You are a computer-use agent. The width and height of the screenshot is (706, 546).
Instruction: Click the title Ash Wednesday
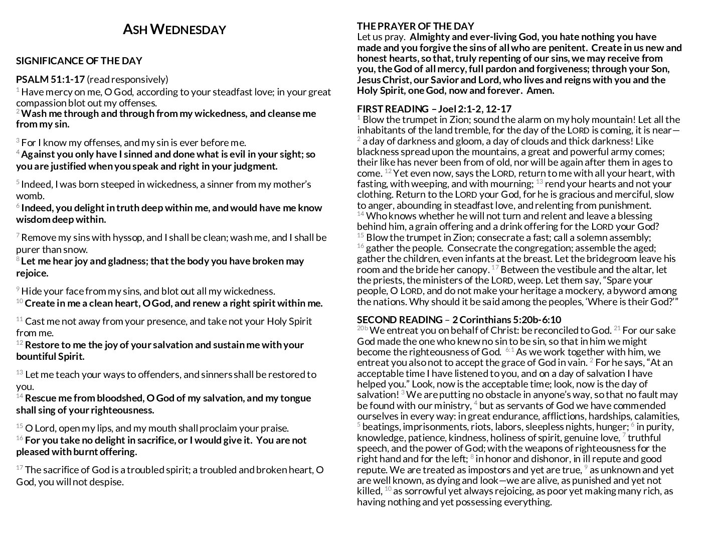[x=174, y=30]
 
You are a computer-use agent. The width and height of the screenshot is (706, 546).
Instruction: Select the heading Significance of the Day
[x=79, y=61]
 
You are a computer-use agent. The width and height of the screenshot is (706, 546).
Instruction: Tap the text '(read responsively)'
[x=127, y=79]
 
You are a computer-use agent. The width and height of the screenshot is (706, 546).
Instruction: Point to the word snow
[x=77, y=249]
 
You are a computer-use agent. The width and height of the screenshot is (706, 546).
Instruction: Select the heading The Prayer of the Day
[x=415, y=26]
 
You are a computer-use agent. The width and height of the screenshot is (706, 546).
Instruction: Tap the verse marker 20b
[x=362, y=329]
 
